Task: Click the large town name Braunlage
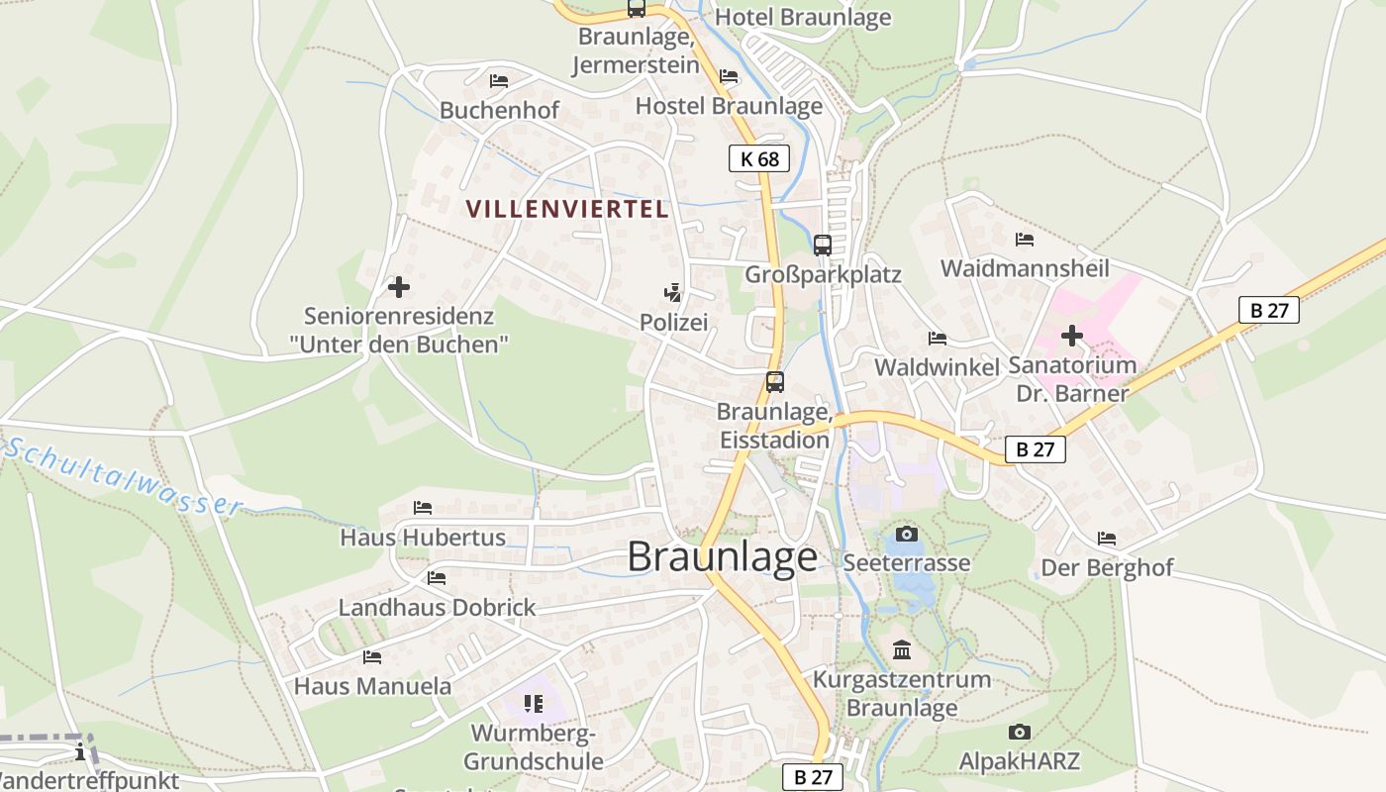(x=723, y=557)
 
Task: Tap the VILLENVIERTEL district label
(x=567, y=209)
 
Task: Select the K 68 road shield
(x=759, y=158)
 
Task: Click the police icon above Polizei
(x=673, y=292)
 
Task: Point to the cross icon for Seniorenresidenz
(x=399, y=287)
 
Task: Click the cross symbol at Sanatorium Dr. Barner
(x=1071, y=336)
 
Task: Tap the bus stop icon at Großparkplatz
(x=823, y=245)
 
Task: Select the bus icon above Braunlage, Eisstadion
(x=775, y=382)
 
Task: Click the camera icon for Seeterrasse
(x=907, y=534)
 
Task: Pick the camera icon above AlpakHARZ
(x=1019, y=733)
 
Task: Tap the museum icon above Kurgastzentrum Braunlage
(x=902, y=650)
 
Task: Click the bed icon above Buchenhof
(x=499, y=80)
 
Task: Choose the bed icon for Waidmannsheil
(x=1025, y=240)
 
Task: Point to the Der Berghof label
(x=1107, y=568)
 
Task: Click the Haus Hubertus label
(x=423, y=538)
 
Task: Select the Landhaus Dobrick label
(x=437, y=607)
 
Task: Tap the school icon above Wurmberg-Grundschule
(x=534, y=704)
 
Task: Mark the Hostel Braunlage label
(x=729, y=106)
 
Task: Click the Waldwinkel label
(x=937, y=367)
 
